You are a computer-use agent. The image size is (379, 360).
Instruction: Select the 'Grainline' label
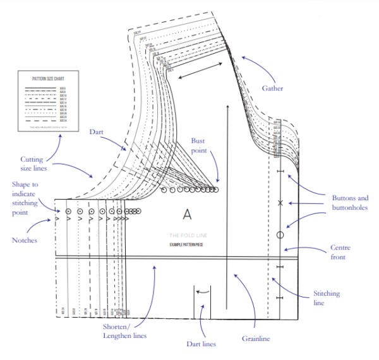255,339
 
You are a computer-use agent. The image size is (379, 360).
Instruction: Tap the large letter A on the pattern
187,215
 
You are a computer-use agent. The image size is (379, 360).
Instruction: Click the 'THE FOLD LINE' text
186,235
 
